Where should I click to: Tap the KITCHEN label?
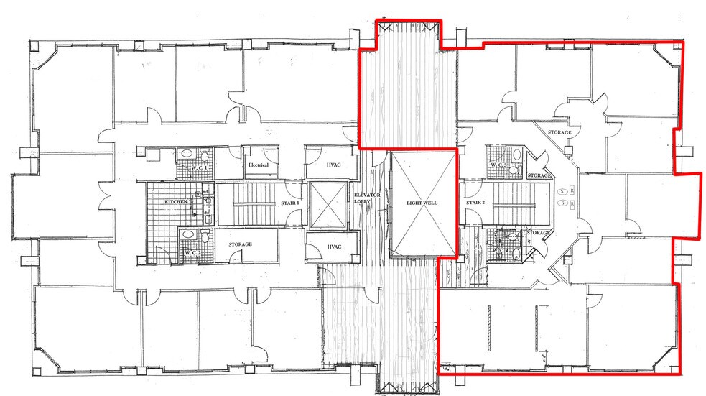(178, 203)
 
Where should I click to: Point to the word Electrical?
(258, 165)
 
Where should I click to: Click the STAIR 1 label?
(290, 203)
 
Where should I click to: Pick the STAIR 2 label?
(475, 203)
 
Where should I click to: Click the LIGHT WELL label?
(423, 203)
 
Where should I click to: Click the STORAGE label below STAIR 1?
(241, 245)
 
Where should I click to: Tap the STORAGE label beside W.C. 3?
(539, 175)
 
